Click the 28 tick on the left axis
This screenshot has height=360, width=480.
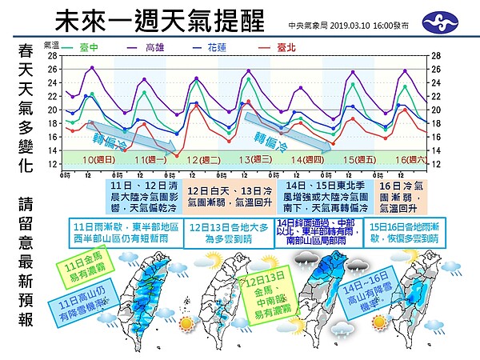click(x=52, y=56)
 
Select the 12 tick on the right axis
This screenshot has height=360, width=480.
click(x=436, y=164)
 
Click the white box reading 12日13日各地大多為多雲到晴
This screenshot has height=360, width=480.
click(x=226, y=233)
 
